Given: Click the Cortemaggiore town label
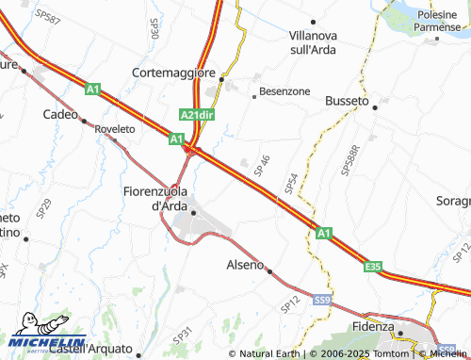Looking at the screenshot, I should point(175,73).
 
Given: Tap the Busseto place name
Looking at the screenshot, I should point(348,99).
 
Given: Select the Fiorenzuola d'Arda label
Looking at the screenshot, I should point(156,198).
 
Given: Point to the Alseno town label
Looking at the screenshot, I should point(245,265).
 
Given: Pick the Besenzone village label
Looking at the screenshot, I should point(284,92).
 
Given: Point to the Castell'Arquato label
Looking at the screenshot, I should point(89,349).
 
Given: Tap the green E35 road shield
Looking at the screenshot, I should point(373,268).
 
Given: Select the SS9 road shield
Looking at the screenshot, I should point(322,300).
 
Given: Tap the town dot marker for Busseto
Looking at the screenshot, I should point(375,107).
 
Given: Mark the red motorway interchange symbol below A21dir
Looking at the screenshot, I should point(189,148).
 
